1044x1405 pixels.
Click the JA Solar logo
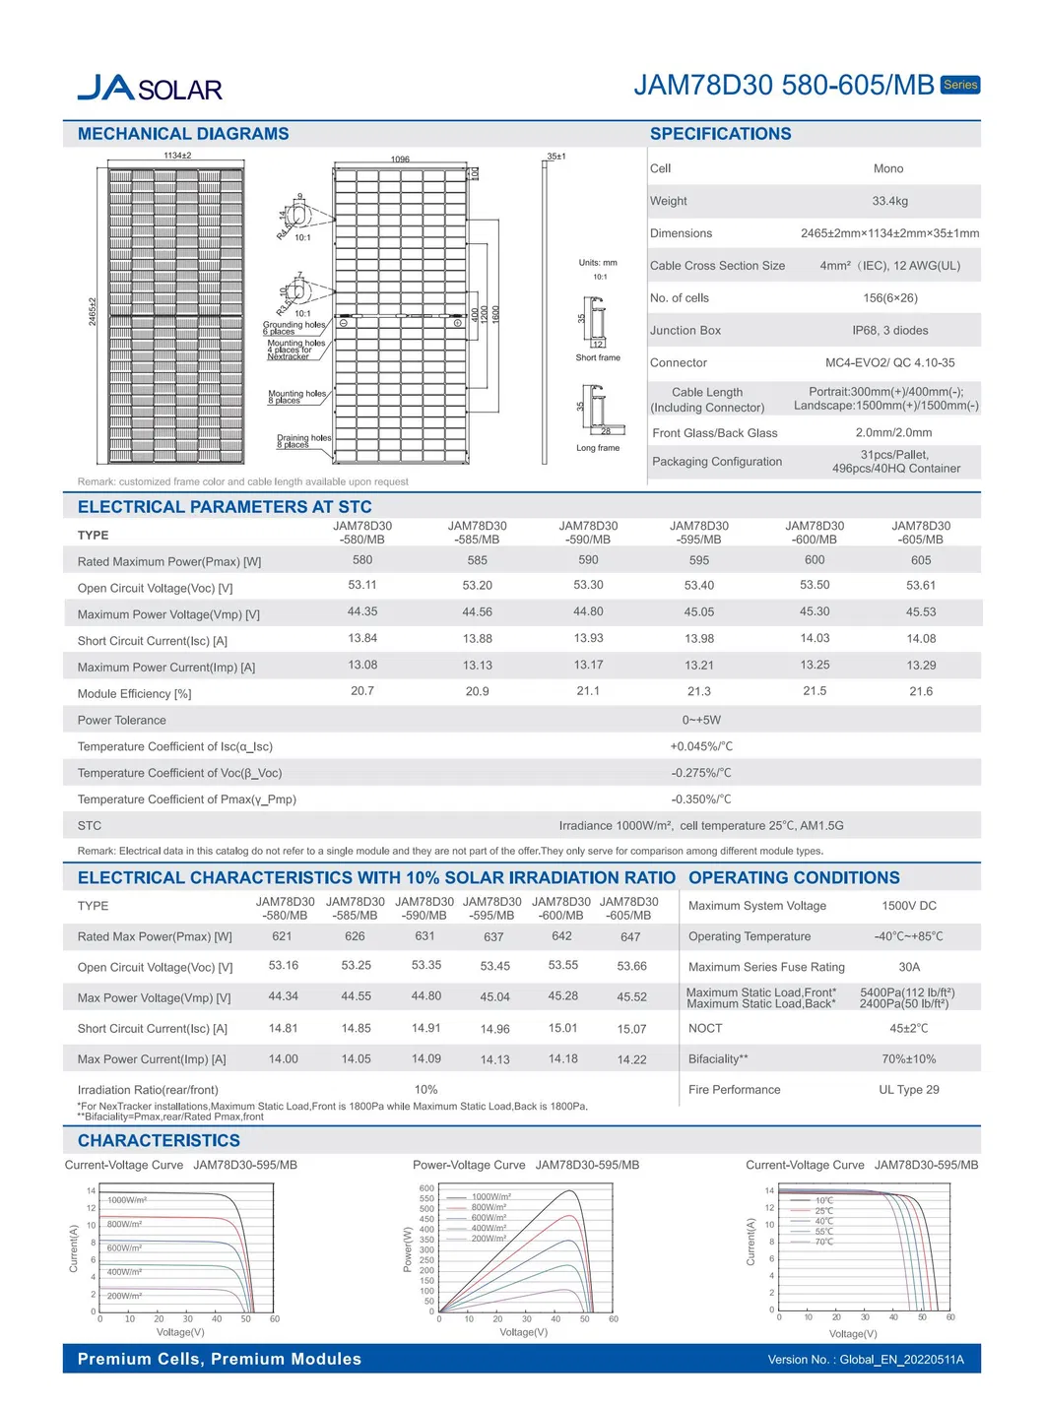tap(150, 89)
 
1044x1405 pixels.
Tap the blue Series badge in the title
tap(959, 85)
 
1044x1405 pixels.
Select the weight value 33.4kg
tap(889, 201)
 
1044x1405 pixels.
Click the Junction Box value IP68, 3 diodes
tap(889, 331)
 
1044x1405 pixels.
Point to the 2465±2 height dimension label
tap(93, 311)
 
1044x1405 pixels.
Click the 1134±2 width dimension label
tap(177, 156)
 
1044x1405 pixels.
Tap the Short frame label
tap(598, 358)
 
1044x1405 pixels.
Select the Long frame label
tap(598, 448)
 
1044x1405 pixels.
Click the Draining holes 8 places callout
tap(302, 441)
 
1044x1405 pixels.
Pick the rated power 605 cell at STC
tap(920, 560)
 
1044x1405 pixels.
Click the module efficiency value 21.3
tap(698, 692)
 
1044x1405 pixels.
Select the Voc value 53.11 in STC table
tap(362, 585)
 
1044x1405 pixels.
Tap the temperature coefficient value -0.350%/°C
tap(701, 799)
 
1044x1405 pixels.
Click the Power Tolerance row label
tap(122, 721)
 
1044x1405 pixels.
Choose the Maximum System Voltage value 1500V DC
tap(908, 906)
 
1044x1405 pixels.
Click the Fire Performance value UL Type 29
tap(908, 1090)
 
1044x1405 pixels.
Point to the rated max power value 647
tap(630, 937)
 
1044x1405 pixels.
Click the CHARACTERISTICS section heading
tap(159, 1141)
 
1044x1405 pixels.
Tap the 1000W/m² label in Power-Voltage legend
tap(490, 1197)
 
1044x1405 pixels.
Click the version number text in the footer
tap(866, 1360)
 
